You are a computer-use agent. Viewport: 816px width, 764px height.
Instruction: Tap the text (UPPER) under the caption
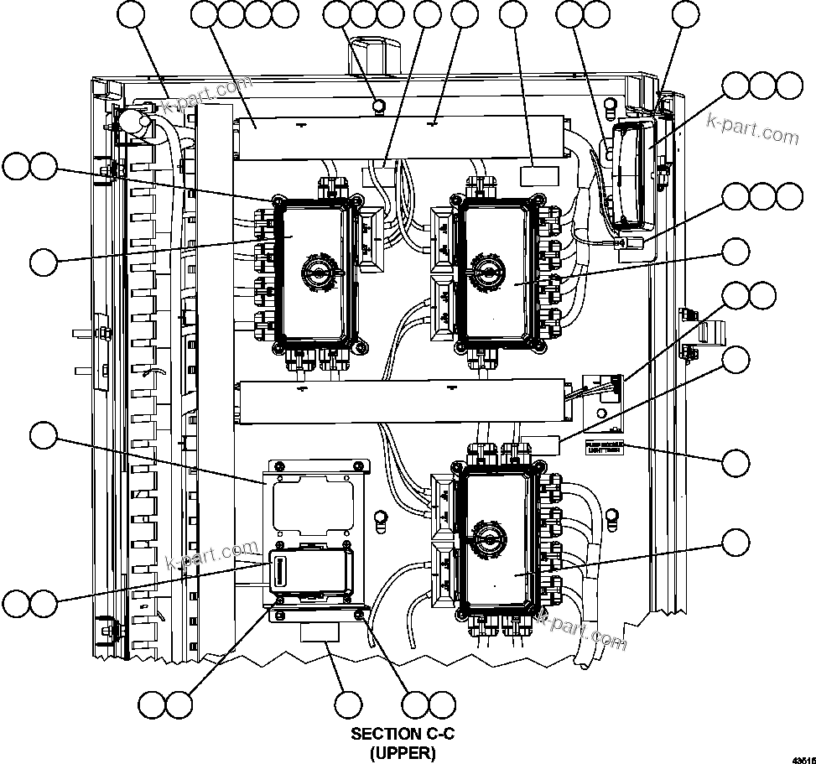pos(403,753)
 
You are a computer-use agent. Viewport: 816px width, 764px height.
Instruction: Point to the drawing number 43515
pos(803,757)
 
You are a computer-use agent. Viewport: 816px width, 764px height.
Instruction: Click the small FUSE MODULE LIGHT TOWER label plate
pos(603,448)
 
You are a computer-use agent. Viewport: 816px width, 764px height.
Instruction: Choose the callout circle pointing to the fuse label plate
pos(736,463)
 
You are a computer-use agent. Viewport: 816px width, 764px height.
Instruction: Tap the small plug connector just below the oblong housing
pos(631,244)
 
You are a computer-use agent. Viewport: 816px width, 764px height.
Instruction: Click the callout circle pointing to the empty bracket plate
pos(43,435)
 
